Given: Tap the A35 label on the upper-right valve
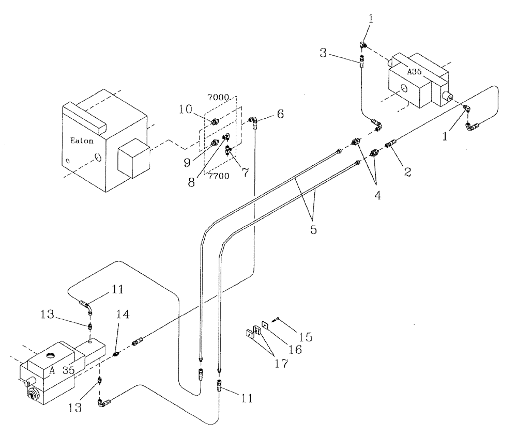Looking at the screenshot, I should coord(415,72).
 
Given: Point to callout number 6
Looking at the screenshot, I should coord(280,114).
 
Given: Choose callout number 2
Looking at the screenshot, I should coord(407,173).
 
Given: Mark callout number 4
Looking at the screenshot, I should coord(378,196).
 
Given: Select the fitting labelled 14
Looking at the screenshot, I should coord(117,354).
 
